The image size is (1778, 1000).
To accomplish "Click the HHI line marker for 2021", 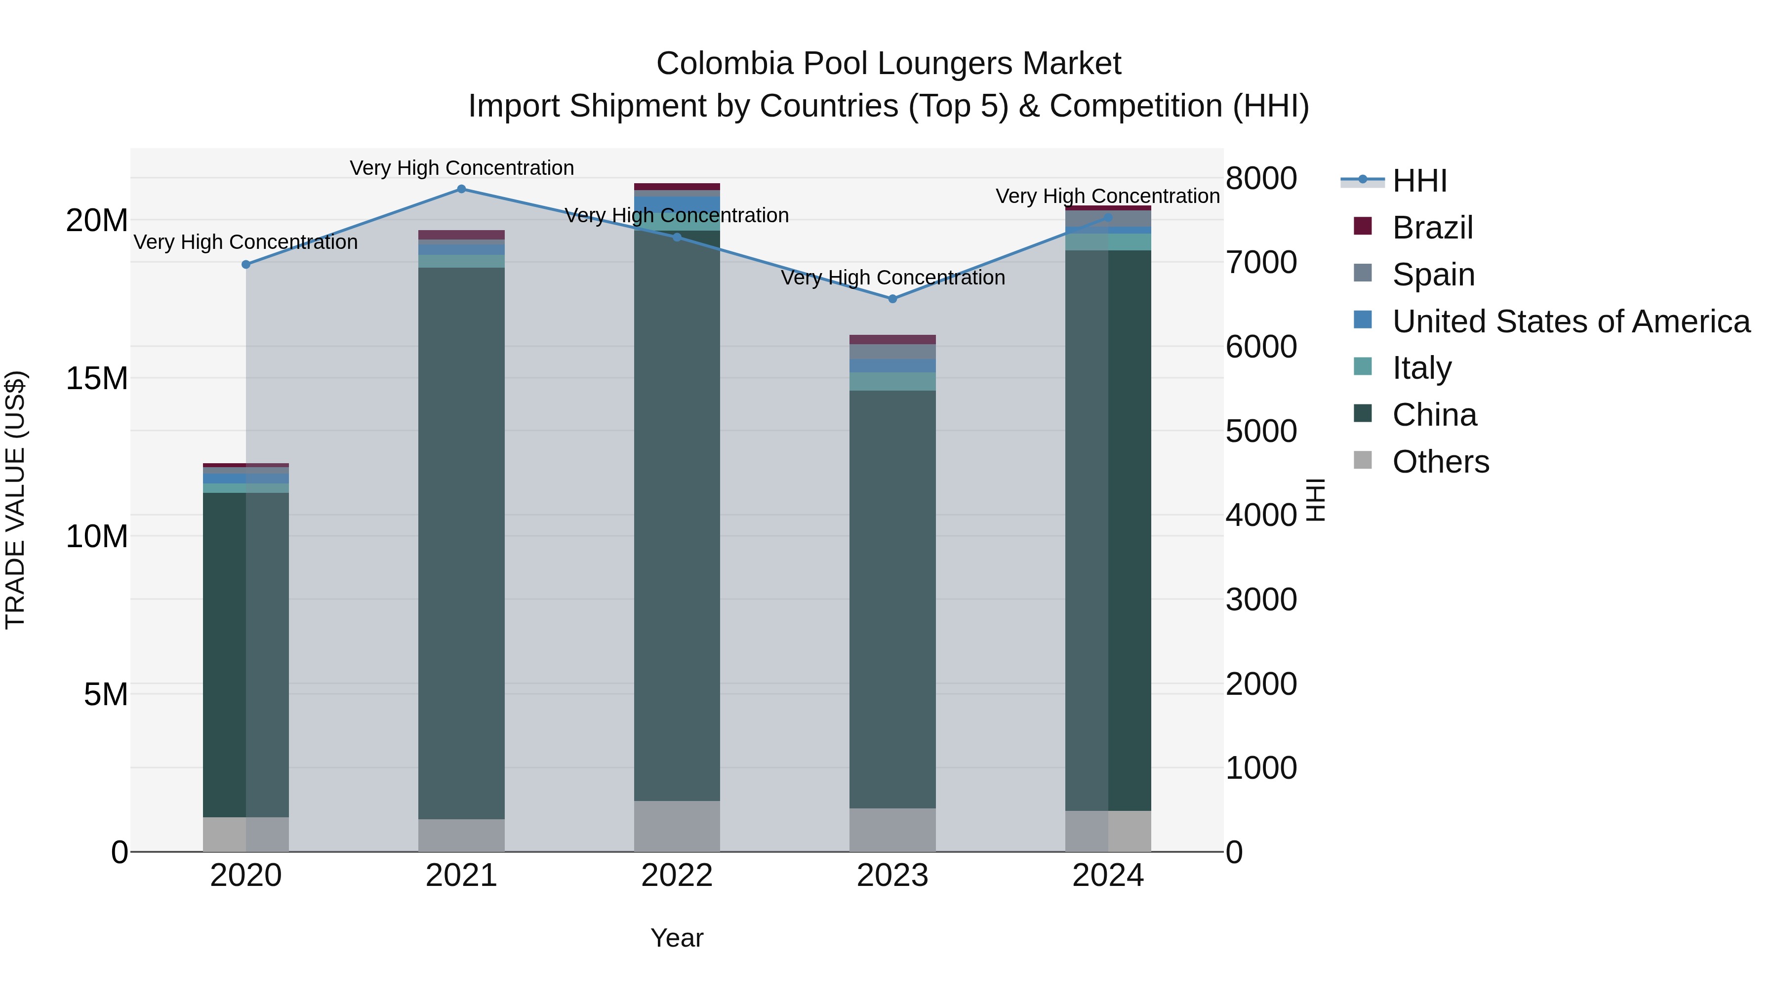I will coord(461,189).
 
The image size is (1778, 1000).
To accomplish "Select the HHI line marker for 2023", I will coord(892,299).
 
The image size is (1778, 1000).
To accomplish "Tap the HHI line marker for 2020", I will coord(246,264).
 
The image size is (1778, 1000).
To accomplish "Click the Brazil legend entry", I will coord(1432,228).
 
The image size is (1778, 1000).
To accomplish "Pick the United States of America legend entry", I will coord(1570,321).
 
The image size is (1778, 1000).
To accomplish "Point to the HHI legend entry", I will coord(1418,181).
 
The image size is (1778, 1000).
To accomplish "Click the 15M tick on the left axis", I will coord(97,378).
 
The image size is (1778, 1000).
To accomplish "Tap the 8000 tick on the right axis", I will coord(1261,178).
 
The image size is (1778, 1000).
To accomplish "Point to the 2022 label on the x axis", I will coord(677,876).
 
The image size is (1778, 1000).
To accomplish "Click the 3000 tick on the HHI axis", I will coord(1261,599).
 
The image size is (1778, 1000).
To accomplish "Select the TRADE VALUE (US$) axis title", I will coord(15,500).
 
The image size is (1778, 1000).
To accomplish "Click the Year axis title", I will coord(677,938).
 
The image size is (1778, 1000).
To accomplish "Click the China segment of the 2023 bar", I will coord(892,599).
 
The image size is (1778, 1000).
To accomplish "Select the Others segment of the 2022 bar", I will coord(677,826).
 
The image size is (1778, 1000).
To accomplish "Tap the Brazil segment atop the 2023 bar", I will coord(892,340).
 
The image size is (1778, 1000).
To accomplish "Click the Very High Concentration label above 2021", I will coord(461,168).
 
